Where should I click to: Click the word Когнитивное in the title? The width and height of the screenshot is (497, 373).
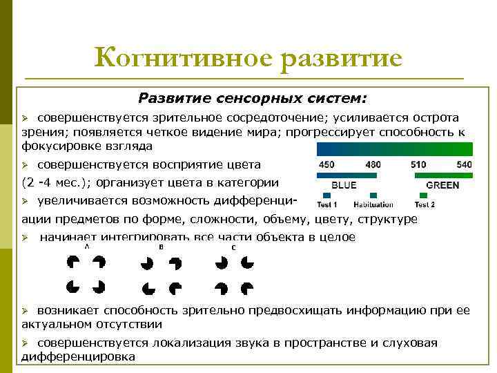182,58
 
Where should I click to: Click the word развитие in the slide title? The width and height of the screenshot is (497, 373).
341,58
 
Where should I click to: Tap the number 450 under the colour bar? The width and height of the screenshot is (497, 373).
327,165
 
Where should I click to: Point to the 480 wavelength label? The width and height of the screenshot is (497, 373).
373,165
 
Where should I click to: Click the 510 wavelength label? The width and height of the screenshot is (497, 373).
419,165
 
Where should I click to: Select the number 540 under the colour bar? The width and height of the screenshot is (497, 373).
464,165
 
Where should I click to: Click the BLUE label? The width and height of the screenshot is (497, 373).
344,185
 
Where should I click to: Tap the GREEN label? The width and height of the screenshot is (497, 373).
443,185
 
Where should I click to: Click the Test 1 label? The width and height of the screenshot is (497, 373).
327,204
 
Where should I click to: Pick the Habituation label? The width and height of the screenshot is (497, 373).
373,204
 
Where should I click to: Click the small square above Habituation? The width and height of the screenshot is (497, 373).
373,195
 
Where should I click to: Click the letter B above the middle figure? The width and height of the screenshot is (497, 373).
161,247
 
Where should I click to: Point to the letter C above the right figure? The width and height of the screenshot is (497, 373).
233,247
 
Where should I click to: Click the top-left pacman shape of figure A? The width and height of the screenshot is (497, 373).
72,262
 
